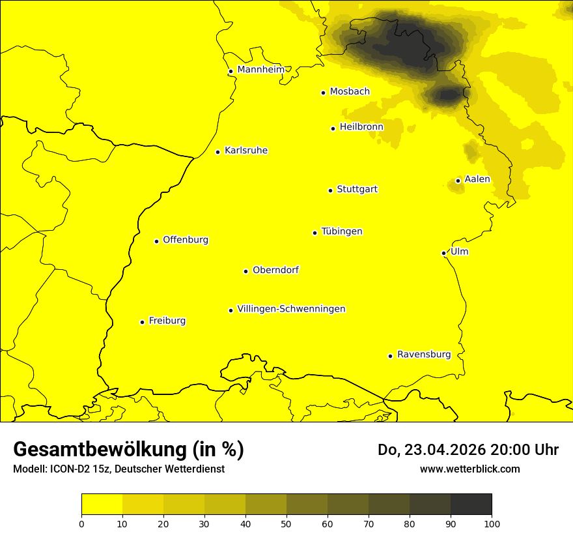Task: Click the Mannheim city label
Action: [x=260, y=70]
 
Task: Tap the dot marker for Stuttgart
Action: [x=330, y=190]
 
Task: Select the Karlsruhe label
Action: [x=245, y=151]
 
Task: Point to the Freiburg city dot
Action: [x=142, y=322]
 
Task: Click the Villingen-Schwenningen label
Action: [x=291, y=309]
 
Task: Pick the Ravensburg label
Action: [x=423, y=355]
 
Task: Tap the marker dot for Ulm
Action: [x=443, y=253]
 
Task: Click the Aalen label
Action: [x=477, y=179]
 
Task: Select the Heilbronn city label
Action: [x=361, y=127]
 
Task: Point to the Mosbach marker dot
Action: [x=323, y=93]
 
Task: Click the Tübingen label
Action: [x=341, y=231]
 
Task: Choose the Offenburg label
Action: [x=185, y=240]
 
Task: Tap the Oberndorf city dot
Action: [x=245, y=271]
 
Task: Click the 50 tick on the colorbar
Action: [x=286, y=523]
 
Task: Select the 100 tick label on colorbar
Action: [x=492, y=523]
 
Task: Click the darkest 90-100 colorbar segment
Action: [x=471, y=504]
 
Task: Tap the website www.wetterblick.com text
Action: [x=469, y=469]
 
